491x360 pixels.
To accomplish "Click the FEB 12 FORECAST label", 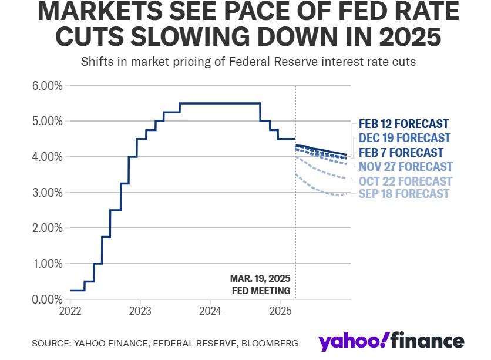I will pyautogui.click(x=403, y=124).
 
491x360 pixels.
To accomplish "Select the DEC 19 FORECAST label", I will pyautogui.click(x=405, y=138).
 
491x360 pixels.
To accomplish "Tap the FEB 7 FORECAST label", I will pyautogui.click(x=401, y=153).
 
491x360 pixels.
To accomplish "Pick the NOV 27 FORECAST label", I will pyautogui.click(x=406, y=167).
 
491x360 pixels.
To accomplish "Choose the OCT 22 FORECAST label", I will pyautogui.click(x=405, y=181).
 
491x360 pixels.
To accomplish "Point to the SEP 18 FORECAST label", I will pyautogui.click(x=403, y=194).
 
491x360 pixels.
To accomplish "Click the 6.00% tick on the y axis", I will pyautogui.click(x=46, y=86).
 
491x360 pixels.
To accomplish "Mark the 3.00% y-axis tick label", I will pyautogui.click(x=46, y=193).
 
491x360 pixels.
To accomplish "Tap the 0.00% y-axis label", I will pyautogui.click(x=46, y=300).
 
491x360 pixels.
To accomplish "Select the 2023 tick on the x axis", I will pyautogui.click(x=140, y=310).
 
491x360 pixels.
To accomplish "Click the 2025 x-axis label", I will pyautogui.click(x=280, y=310).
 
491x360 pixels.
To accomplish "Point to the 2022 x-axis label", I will pyautogui.click(x=70, y=310).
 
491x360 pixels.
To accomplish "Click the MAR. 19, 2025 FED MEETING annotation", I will pyautogui.click(x=260, y=284).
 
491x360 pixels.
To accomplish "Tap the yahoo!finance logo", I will pyautogui.click(x=391, y=341).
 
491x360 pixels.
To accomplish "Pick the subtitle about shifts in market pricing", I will pyautogui.click(x=248, y=62).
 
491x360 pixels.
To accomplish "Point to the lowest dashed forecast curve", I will pyautogui.click(x=323, y=190).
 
